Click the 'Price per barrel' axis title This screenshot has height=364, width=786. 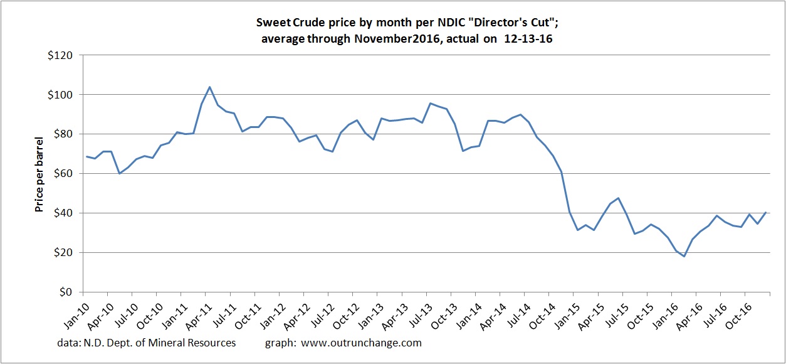[39, 173]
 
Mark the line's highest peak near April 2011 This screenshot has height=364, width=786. [209, 87]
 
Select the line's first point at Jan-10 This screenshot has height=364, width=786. [86, 156]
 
